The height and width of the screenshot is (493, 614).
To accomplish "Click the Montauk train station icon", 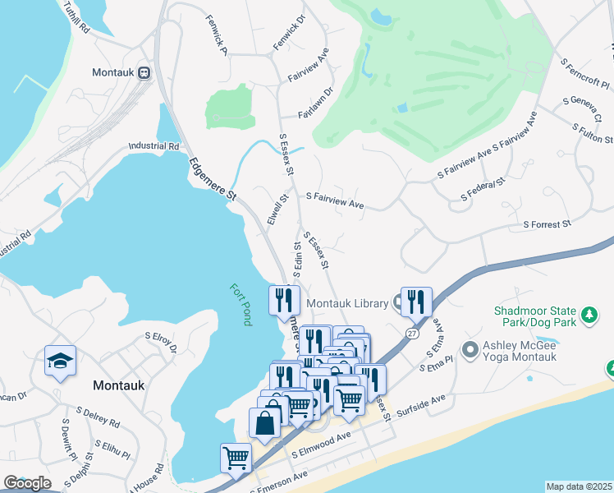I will [144, 72].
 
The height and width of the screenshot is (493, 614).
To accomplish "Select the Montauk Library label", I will [346, 304].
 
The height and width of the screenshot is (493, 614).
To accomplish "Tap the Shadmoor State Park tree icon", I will [588, 315].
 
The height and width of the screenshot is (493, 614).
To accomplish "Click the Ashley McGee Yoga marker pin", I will [470, 351].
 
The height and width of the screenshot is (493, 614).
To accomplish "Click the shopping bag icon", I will [264, 424].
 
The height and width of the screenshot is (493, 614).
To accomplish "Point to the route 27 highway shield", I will [411, 332].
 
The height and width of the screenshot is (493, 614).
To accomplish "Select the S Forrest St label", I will [547, 224].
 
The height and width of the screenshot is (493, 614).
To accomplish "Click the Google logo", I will [27, 483].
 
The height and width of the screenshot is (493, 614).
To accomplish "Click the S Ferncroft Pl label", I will [584, 74].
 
